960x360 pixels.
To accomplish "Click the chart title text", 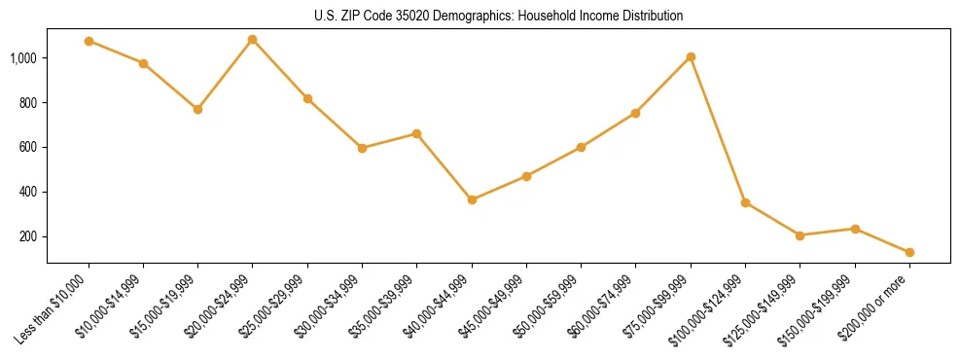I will pos(499,16).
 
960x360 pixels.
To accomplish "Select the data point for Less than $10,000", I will pos(89,41).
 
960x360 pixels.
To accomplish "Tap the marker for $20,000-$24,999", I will pos(253,40).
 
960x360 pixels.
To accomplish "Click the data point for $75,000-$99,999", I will pos(691,56).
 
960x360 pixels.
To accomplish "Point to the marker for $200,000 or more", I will pos(909,252).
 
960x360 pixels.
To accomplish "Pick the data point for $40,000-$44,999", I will pos(472,199).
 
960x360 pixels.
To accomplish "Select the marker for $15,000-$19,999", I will pos(197,109).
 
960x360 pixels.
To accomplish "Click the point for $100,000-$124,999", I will pos(745,202).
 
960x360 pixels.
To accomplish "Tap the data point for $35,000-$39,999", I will pos(417,133).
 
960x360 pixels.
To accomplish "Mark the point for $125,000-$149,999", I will pos(800,235).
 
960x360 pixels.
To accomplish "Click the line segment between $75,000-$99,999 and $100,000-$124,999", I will pos(718,129).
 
